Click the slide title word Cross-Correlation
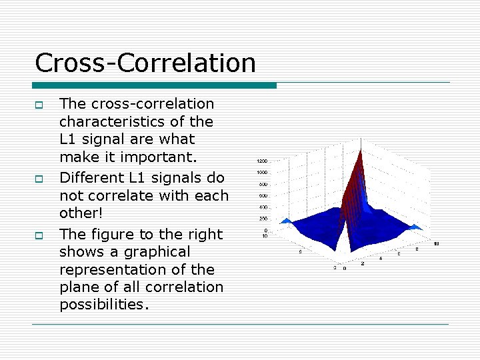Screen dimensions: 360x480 [x=145, y=63]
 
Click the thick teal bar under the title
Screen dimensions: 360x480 [x=154, y=85]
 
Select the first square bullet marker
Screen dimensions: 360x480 [x=39, y=105]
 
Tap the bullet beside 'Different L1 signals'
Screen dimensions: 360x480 [x=39, y=179]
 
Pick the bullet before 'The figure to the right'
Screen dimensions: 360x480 [x=39, y=235]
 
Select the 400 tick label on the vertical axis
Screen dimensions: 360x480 [x=263, y=207]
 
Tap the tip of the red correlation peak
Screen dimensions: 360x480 [x=360, y=141]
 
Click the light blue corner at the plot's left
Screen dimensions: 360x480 [x=285, y=220]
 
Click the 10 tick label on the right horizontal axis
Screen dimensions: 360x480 [x=435, y=243]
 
